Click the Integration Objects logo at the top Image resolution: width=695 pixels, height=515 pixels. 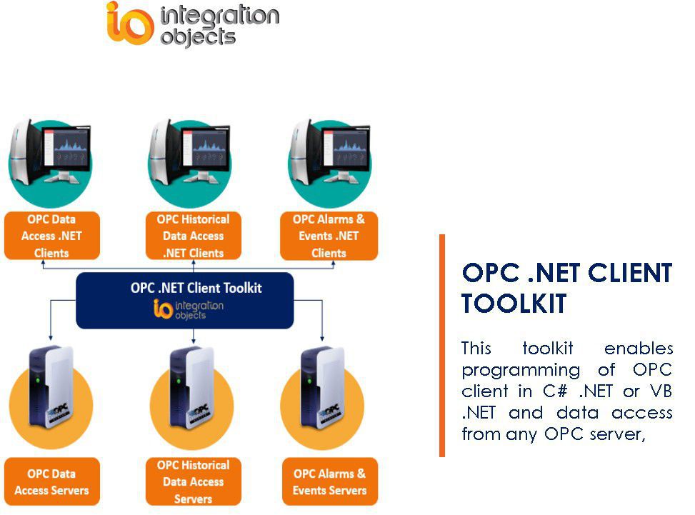[192, 24]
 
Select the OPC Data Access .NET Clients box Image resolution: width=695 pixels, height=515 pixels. [51, 236]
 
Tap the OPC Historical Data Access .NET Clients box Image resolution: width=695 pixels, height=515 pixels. [193, 236]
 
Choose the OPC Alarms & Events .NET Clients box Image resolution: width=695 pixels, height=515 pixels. [329, 236]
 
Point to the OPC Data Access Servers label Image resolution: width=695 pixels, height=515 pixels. [51, 482]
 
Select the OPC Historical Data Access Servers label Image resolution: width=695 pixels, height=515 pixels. [193, 481]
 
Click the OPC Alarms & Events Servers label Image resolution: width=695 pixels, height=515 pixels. [329, 482]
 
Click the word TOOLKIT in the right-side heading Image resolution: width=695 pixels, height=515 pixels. [514, 304]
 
